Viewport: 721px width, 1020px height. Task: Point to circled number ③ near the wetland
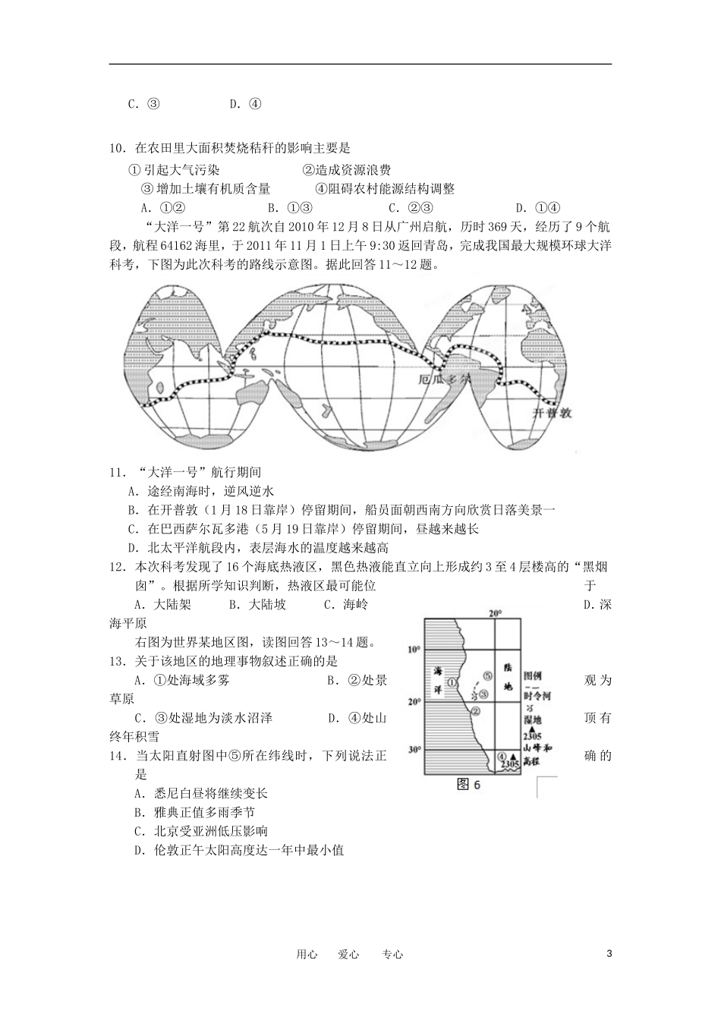point(483,692)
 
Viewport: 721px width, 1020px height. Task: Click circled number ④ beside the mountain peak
point(502,757)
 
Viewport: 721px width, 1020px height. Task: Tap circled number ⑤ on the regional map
point(487,675)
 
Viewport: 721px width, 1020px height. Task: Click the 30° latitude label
point(414,750)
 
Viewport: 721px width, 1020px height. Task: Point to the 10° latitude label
point(414,650)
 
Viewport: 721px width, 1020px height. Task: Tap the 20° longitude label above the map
point(495,613)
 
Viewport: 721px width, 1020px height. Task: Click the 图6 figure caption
point(469,785)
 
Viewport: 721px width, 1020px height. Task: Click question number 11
point(116,473)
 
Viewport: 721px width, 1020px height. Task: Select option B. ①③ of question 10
point(290,208)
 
